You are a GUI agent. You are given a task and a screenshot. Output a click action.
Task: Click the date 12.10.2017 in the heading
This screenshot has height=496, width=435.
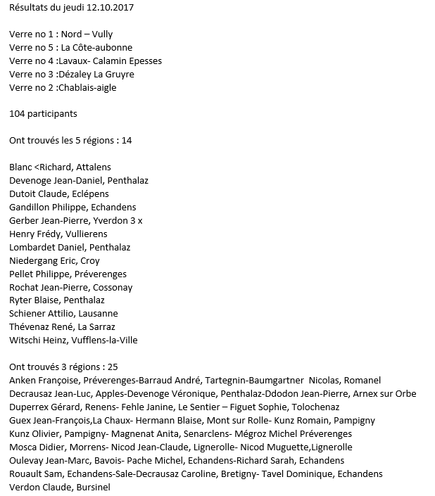coord(111,8)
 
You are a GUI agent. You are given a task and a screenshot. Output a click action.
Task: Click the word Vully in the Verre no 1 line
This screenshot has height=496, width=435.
coord(101,34)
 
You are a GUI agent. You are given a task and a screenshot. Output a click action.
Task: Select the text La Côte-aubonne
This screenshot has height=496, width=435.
coord(96,47)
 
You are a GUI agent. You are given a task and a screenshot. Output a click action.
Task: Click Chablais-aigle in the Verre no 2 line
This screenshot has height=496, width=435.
coord(88,87)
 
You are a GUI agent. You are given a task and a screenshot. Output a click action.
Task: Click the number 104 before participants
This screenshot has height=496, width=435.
coord(17,113)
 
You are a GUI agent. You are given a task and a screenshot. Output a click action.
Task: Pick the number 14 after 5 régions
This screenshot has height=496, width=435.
coord(127,140)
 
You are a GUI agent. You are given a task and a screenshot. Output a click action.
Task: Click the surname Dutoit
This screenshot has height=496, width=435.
coord(23,193)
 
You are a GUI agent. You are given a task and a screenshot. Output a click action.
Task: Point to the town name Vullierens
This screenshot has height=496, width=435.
coord(86,234)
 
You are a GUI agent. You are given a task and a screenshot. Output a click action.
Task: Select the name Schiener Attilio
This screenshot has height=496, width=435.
coord(41,314)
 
